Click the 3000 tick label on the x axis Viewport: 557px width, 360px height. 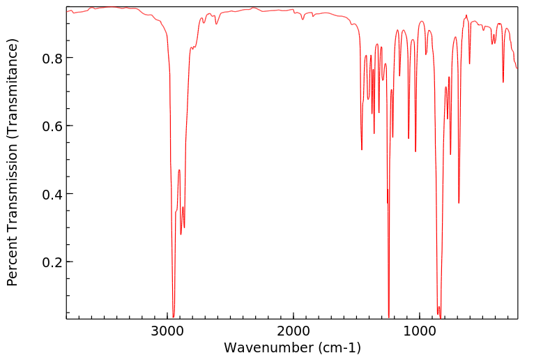tap(167, 330)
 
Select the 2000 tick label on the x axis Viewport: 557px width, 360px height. tap(293, 330)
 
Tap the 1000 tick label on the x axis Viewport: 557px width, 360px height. tap(420, 330)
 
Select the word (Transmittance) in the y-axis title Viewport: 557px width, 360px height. tap(13, 83)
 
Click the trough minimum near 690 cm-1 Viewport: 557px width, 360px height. tap(459, 203)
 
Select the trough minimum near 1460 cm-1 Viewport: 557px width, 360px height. tap(362, 149)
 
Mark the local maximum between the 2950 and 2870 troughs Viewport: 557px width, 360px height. tap(179, 170)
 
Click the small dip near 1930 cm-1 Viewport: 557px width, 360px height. tap(303, 19)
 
